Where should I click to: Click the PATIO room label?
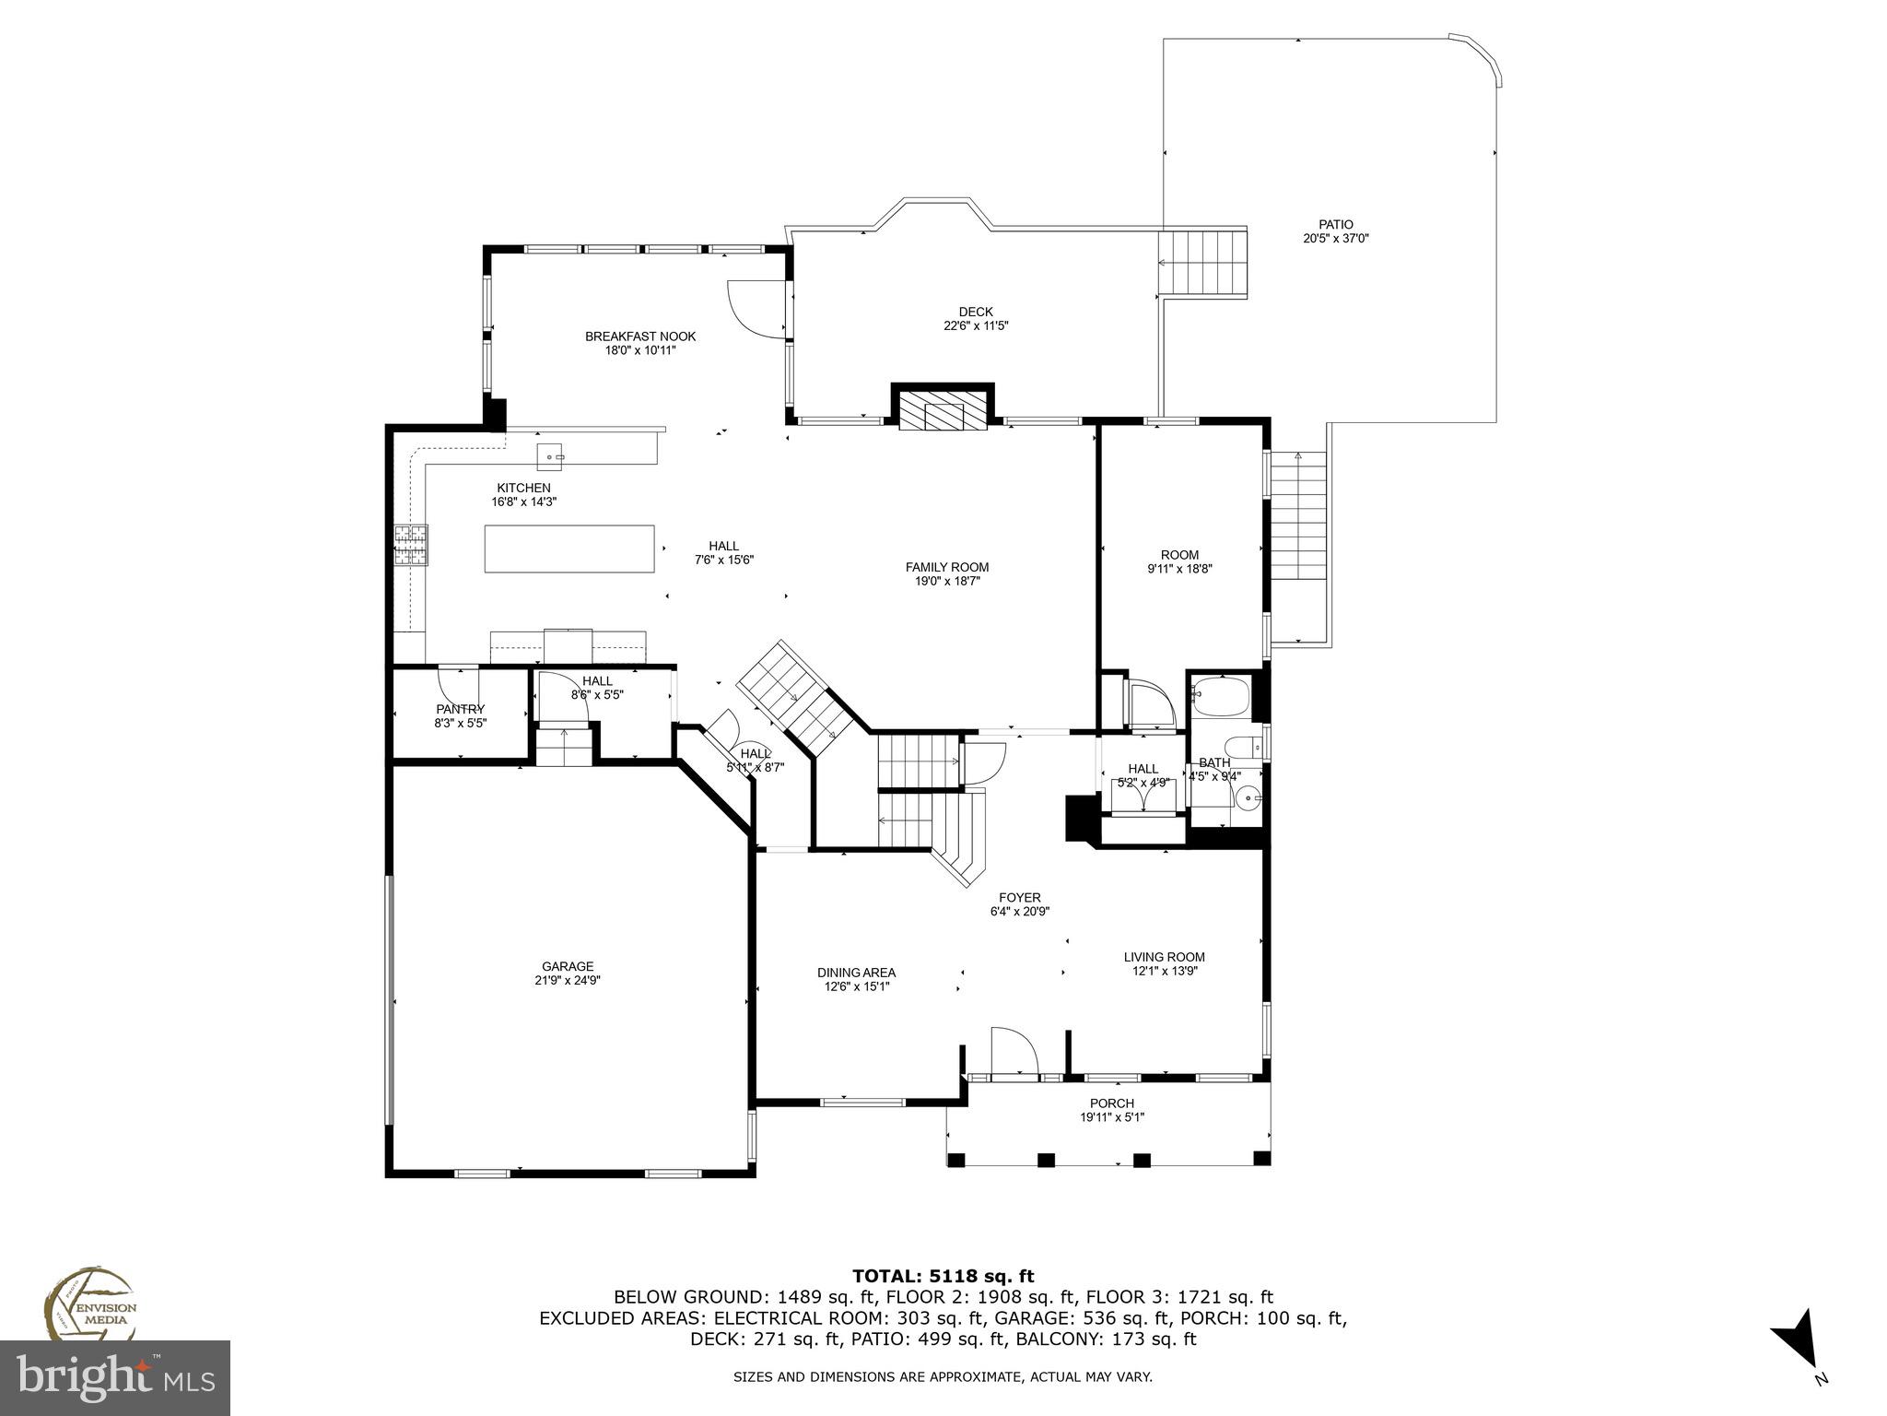(1335, 224)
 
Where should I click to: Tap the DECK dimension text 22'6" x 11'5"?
(975, 325)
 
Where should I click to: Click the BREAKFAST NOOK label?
(640, 336)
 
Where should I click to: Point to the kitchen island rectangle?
(569, 549)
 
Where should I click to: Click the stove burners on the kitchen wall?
(412, 544)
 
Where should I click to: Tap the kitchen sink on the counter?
(551, 455)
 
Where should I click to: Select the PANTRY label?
(460, 709)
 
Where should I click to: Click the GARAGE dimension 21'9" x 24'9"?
(568, 980)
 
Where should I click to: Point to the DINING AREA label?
(856, 973)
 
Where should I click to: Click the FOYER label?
(1019, 897)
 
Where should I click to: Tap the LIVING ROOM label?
(1164, 957)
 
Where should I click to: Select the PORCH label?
(1111, 1103)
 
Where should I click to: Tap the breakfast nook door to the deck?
(754, 309)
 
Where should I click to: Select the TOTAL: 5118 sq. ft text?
(943, 1276)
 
